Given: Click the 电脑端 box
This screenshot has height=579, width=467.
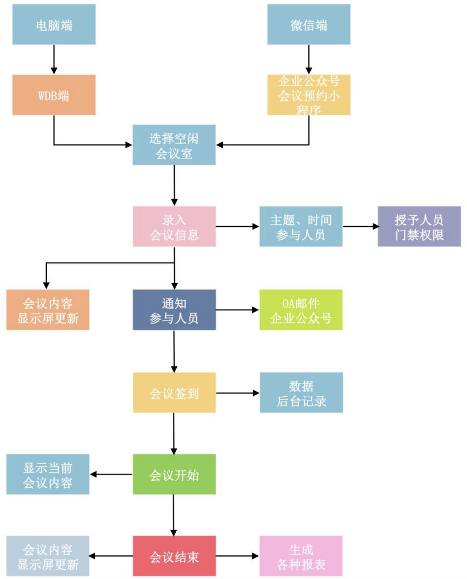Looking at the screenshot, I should pos(54,25).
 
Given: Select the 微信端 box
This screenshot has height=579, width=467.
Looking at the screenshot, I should pos(309,25).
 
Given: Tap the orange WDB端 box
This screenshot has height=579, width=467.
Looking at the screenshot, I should pos(54,95).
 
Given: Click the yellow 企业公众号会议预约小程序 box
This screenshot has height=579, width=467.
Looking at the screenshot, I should pos(309,95).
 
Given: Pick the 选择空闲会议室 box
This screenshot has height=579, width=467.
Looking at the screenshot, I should pos(174,145).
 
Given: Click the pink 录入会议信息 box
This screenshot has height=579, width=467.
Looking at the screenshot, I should pos(174,226).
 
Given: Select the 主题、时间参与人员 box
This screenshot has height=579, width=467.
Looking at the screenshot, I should pos(301,226).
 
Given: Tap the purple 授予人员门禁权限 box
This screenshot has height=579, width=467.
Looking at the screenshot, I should pos(419,226).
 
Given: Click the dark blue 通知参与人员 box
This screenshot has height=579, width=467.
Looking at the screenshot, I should pos(174,310).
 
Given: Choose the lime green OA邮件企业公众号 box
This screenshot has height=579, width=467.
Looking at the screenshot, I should pos(301,310).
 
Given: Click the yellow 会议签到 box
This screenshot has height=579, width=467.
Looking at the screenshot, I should pos(174,393).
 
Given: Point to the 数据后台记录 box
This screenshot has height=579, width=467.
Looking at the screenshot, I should pos(301,393).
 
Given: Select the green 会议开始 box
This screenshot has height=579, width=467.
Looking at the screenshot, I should pos(174,474).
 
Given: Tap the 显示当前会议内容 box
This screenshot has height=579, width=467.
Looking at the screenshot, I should pos(48,474).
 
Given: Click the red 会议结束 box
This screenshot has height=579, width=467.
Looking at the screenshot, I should pos(174,556).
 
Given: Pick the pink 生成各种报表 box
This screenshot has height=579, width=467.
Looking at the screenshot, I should pos(301,556).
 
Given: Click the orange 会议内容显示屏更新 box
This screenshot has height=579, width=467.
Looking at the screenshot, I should pos(48,310).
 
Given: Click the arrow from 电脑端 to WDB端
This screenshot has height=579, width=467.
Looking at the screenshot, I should pos(54,59).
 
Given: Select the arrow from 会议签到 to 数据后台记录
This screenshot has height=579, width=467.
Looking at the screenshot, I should pos(237,393).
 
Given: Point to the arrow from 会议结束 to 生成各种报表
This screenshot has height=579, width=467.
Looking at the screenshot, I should pos(237,556).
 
